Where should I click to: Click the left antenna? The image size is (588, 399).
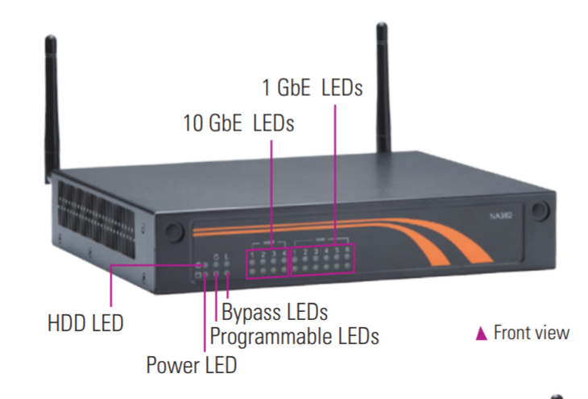pyautogui.click(x=52, y=105)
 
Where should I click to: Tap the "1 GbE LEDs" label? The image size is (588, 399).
pyautogui.click(x=313, y=88)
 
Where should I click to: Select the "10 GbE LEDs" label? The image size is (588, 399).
pyautogui.click(x=238, y=124)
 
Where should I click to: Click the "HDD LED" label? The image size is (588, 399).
pyautogui.click(x=85, y=324)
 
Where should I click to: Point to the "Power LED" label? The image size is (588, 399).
pyautogui.click(x=192, y=365)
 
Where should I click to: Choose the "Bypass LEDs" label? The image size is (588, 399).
pyautogui.click(x=275, y=311)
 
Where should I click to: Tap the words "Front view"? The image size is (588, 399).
pyautogui.click(x=531, y=332)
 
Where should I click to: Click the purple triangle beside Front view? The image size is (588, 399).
pyautogui.click(x=482, y=333)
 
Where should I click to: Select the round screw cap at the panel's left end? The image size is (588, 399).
pyautogui.click(x=172, y=231)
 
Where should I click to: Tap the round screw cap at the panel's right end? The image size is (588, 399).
pyautogui.click(x=539, y=210)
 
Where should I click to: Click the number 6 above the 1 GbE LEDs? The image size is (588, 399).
pyautogui.click(x=348, y=249)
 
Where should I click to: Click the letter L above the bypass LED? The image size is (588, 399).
pyautogui.click(x=227, y=257)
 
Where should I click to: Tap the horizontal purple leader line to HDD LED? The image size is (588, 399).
pyautogui.click(x=153, y=264)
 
